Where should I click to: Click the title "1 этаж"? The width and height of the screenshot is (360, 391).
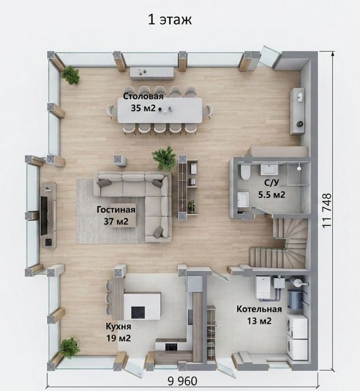point(169,19)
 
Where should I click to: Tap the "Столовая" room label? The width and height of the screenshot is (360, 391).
point(144,96)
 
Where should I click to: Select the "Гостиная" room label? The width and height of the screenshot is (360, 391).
point(116,210)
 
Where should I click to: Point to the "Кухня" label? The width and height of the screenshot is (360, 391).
point(118,326)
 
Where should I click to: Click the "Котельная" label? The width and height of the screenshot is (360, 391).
point(259,309)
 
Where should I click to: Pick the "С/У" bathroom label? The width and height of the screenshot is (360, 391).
point(271,183)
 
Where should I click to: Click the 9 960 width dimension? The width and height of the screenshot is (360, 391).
point(182,381)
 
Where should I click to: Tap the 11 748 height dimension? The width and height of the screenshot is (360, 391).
point(327,210)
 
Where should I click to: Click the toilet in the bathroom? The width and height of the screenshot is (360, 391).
point(245,172)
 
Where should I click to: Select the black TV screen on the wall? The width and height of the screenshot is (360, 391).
point(44,216)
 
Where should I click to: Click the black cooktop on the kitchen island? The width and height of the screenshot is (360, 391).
point(138,313)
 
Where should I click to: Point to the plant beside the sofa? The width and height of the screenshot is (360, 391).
point(164,158)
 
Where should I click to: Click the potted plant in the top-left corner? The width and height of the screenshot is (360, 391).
point(71,75)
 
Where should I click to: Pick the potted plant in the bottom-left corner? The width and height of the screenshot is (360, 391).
point(69,348)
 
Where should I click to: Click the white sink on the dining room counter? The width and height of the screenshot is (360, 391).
point(300,97)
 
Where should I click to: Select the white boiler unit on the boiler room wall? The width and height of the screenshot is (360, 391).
point(264,288)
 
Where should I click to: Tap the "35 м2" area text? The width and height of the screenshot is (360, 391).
point(143,108)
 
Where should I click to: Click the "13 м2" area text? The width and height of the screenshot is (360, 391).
point(259,320)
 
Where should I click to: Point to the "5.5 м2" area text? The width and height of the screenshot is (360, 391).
point(271,194)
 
